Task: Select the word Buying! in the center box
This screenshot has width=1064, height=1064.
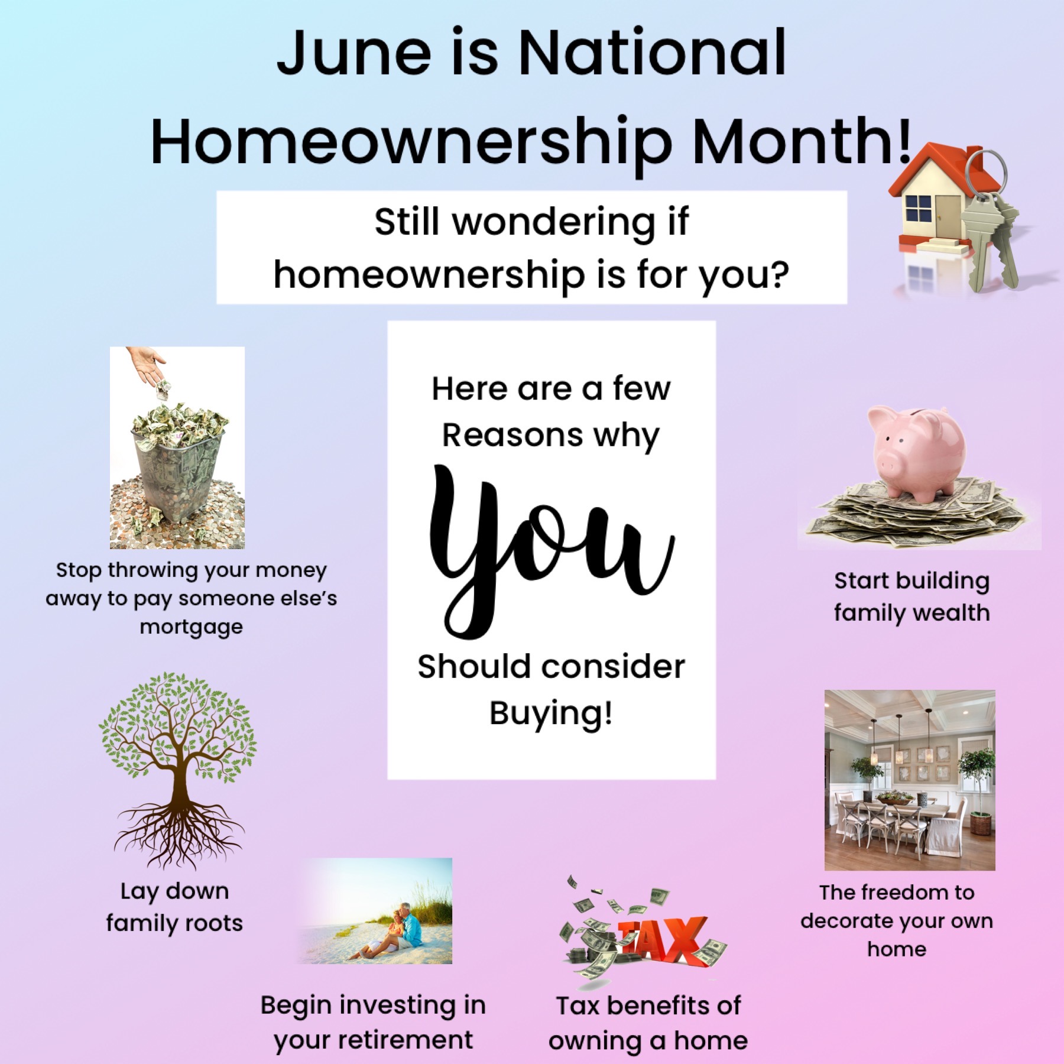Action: [551, 714]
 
